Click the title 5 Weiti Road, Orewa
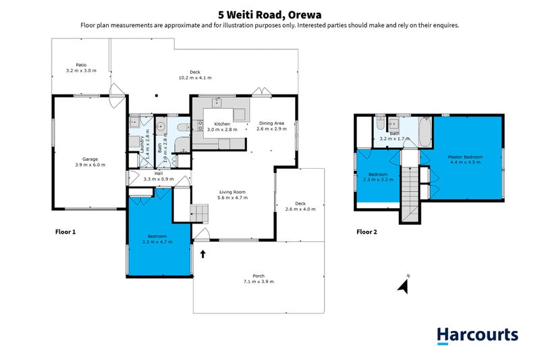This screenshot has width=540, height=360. coord(269,15)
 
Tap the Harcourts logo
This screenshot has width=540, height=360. coord(477,336)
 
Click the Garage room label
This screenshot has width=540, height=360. coord(90,162)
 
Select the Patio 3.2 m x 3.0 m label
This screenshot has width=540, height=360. coord(81,68)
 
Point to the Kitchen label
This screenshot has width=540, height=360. coord(222,127)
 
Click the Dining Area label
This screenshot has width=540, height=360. coord(271,126)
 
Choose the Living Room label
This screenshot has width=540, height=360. coord(232,195)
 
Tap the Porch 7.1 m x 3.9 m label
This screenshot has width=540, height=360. coord(259,279)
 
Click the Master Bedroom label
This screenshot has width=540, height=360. coord(465,159)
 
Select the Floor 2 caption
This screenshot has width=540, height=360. coord(367,232)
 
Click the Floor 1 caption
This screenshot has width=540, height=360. coord(65,232)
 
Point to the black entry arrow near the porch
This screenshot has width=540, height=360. coord(203,254)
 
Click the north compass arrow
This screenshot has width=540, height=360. coord(404,286)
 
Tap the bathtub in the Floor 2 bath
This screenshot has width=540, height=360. coord(425,132)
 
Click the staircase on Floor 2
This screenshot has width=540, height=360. coord(410,193)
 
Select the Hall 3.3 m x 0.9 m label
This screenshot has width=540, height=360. coord(159,176)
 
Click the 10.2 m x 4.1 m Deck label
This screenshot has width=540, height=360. coord(195,75)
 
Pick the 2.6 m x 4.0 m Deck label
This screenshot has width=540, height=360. coord(300,207)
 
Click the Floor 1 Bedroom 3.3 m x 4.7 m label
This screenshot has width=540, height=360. coord(157,239)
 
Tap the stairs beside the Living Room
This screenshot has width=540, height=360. coord(199,213)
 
